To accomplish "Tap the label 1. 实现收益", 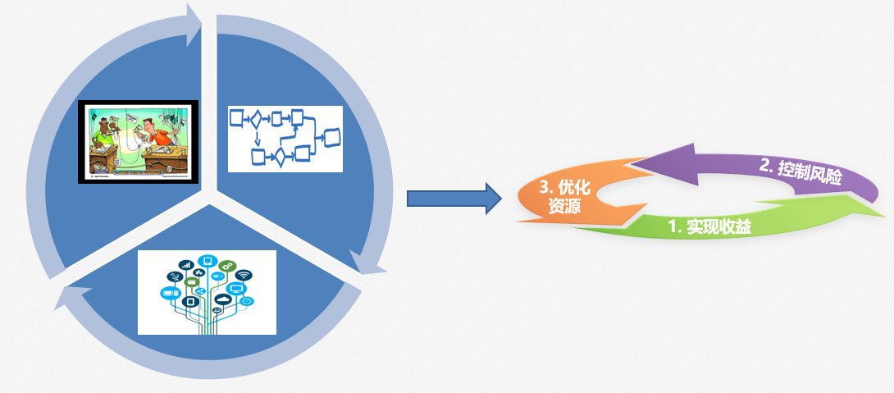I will coord(711,226).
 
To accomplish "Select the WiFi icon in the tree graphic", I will coord(244,275).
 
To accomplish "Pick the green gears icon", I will coord(227,265).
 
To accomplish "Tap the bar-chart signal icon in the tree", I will coord(186,264).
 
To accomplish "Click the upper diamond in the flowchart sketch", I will coord(256,121).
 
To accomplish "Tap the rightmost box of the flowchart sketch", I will coord(331,136).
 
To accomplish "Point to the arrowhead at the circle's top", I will coord(195,25).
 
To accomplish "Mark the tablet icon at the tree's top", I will coord(207,262).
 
